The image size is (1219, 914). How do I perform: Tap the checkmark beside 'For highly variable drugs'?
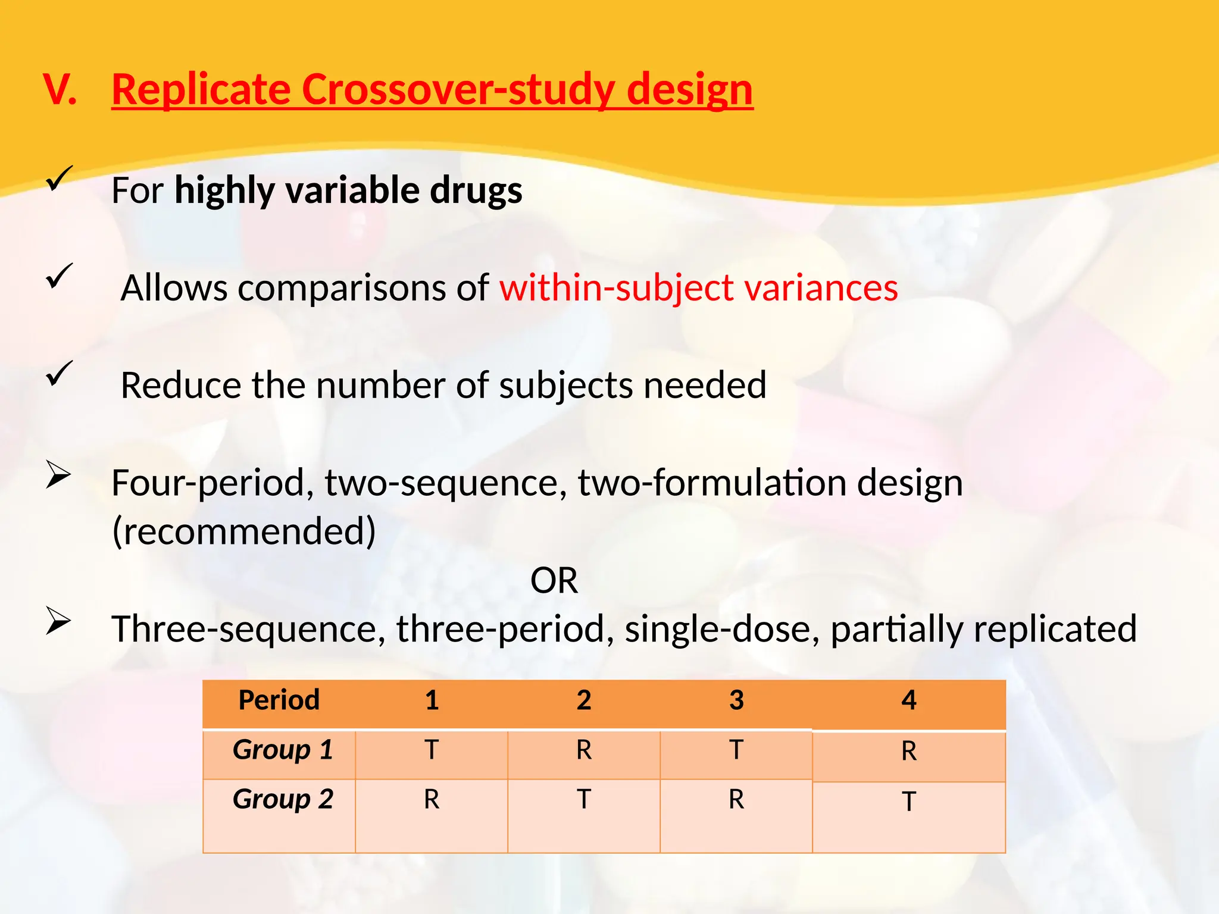59,179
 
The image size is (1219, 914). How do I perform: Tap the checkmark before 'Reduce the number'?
59,374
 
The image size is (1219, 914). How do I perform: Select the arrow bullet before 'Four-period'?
58,475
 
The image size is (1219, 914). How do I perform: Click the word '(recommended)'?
244,531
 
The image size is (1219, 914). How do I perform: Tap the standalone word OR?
554,581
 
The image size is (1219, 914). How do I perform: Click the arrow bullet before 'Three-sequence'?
58,621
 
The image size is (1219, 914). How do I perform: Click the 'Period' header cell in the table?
279,700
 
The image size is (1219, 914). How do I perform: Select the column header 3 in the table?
736,700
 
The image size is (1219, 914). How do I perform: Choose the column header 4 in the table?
908,700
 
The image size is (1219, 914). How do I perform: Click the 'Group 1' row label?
282,750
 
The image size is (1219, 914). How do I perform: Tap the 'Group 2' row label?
282,799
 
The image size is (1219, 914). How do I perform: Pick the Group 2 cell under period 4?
908,802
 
